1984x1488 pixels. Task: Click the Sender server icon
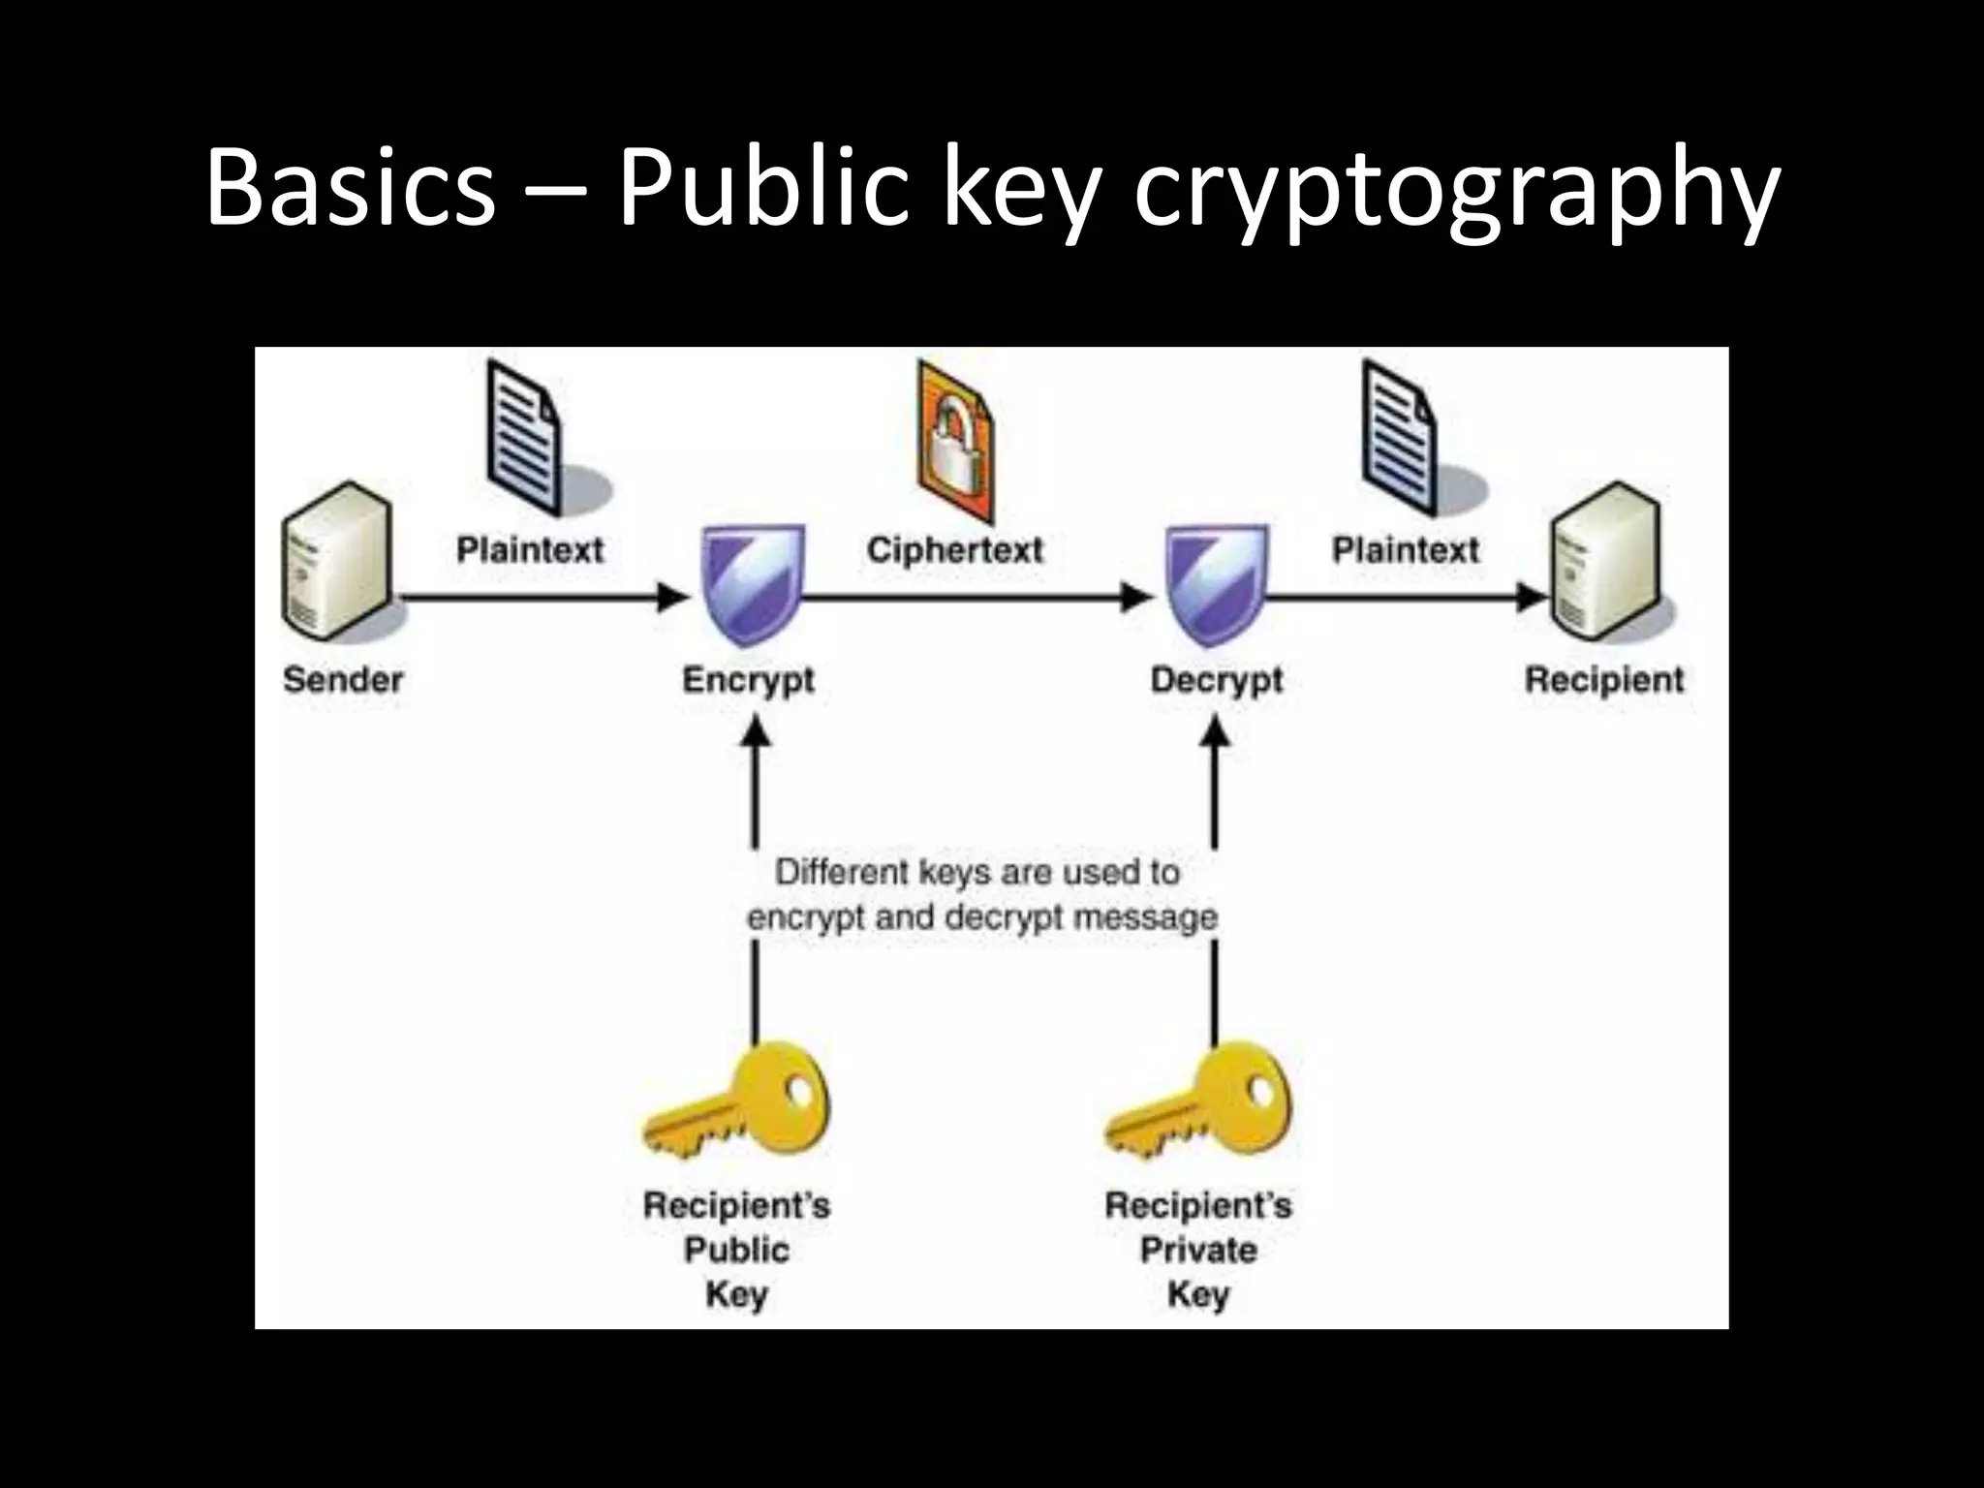pos(336,567)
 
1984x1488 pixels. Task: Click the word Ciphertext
pos(955,550)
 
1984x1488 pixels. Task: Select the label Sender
pos(343,679)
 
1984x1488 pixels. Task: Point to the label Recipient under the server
pos(1604,679)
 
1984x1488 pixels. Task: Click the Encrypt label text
pos(748,681)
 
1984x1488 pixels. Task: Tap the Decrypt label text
pos(1217,681)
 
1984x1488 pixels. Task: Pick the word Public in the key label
pos(736,1250)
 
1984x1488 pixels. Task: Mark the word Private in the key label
pos(1198,1250)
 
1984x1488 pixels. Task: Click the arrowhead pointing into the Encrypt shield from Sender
pos(673,598)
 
